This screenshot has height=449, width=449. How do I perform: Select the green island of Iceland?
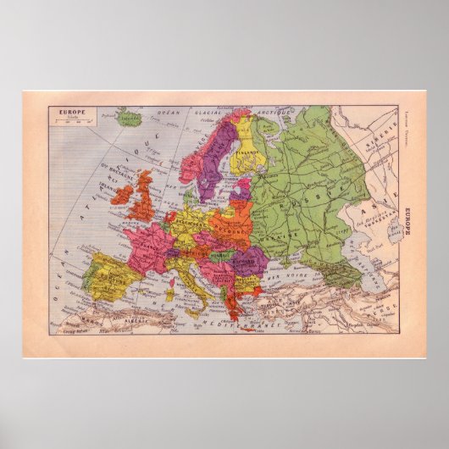[130, 116]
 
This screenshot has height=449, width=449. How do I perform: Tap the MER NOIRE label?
[292, 271]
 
